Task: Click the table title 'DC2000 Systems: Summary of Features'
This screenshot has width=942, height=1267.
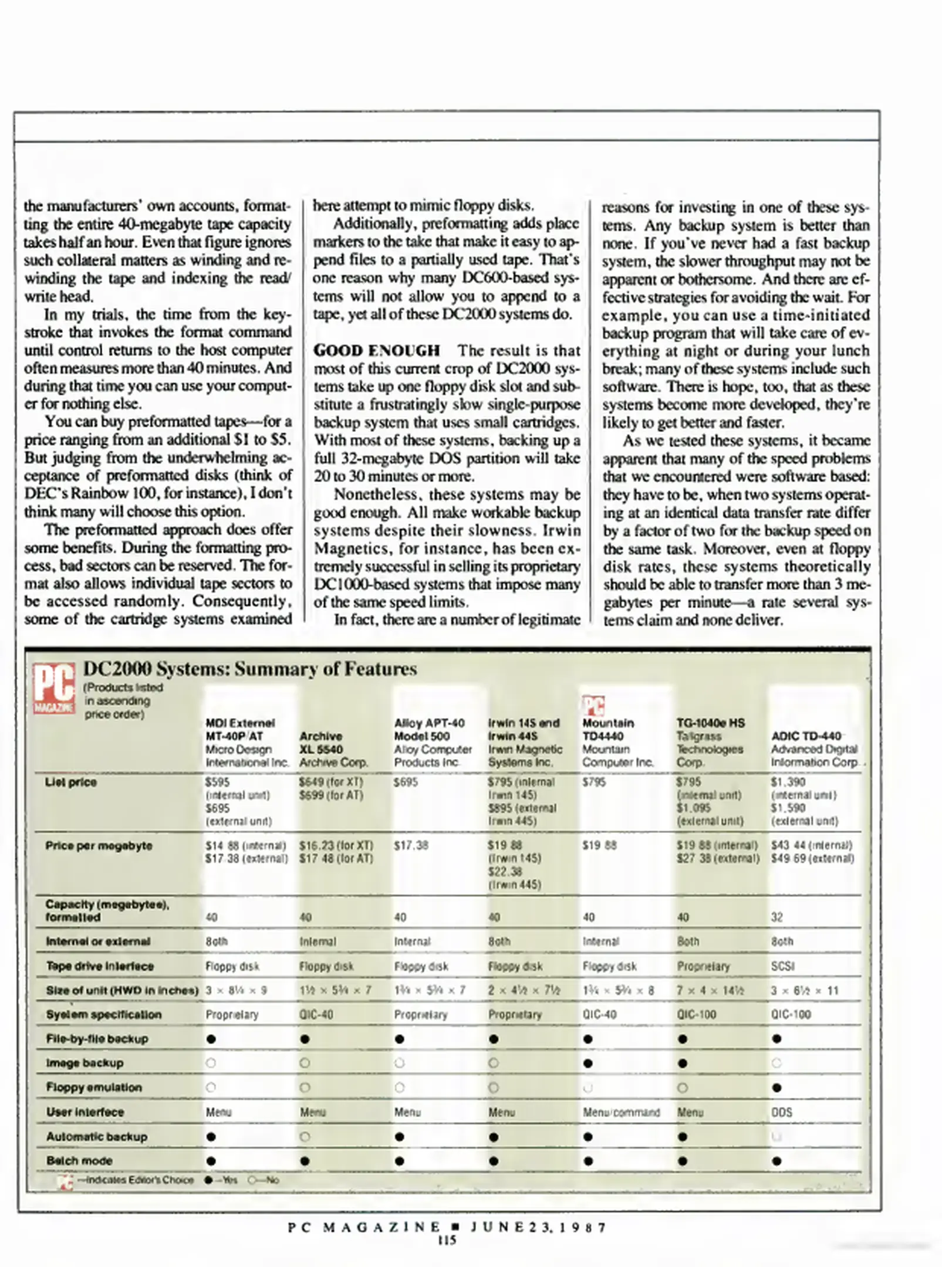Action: tap(249, 669)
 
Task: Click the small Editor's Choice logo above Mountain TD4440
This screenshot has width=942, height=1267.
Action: tap(593, 706)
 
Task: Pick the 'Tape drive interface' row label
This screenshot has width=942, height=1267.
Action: tap(99, 966)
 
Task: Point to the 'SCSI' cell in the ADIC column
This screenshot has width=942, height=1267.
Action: tap(782, 966)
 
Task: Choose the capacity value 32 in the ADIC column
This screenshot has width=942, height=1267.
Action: tap(776, 917)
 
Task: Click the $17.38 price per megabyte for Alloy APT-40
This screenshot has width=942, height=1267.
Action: tap(411, 846)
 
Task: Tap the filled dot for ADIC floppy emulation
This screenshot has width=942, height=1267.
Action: tap(777, 1088)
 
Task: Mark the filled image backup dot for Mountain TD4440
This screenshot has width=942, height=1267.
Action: tap(589, 1063)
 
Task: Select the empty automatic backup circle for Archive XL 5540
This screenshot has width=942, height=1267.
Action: tap(305, 1137)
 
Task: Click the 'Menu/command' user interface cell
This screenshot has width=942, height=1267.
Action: tap(621, 1112)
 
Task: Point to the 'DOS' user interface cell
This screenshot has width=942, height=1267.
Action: tap(782, 1112)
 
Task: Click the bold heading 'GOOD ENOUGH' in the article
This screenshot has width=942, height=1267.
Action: tap(376, 351)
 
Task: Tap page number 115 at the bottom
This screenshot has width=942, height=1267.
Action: tap(447, 1240)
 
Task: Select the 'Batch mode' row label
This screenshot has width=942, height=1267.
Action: tap(79, 1161)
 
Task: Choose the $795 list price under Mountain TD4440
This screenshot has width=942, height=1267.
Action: tap(594, 782)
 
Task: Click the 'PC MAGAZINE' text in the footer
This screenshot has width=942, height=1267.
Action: tap(364, 1227)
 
